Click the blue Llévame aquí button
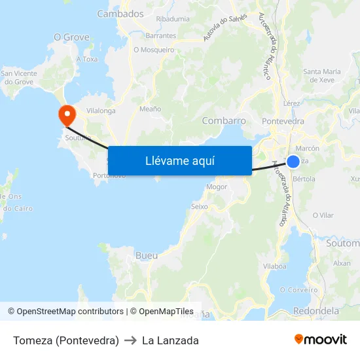coord(179,160)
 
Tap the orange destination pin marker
coord(67,115)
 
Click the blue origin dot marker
coord(293,162)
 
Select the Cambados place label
coord(120,14)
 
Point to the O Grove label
coord(71,37)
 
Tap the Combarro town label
coord(224,120)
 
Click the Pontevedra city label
coord(283,121)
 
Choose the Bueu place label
coord(146,255)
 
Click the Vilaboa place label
coord(274,266)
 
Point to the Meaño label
coord(151,109)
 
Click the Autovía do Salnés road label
coord(225,27)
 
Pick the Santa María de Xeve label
coord(322,75)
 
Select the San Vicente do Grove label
coord(19,77)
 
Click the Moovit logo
coord(320,340)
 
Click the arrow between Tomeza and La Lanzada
coord(130,340)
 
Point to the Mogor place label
coord(217,187)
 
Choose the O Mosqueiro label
coord(154,50)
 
